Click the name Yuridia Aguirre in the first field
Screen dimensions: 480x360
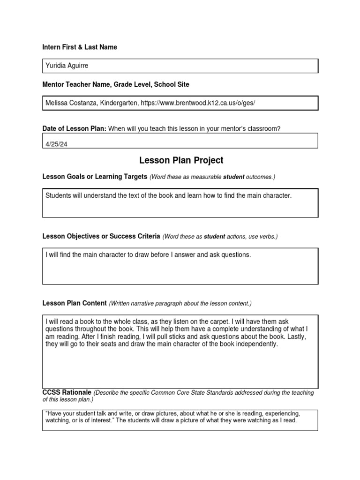(67, 66)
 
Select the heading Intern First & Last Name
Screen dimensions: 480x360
(80, 47)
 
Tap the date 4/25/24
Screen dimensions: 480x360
(57, 144)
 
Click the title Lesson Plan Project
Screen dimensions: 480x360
(181, 160)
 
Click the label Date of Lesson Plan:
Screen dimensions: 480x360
(75, 129)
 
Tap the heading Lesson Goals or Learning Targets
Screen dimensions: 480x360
(95, 177)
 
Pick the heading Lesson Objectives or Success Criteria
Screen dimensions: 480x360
(101, 236)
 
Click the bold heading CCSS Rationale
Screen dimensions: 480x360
(67, 392)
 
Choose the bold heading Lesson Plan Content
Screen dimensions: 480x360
(75, 303)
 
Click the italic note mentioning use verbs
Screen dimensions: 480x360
(220, 237)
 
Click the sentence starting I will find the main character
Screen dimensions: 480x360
(148, 255)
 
